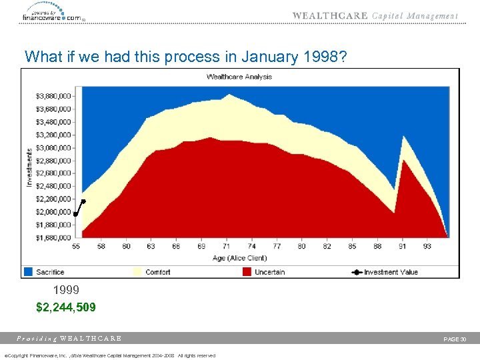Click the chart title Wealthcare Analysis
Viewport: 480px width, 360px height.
(x=239, y=77)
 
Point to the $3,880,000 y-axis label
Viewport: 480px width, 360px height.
(x=53, y=96)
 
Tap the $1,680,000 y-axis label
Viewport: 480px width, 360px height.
(x=53, y=237)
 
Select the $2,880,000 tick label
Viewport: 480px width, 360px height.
(x=53, y=161)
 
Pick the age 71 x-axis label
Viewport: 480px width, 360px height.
(x=226, y=247)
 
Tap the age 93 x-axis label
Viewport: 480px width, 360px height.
(x=427, y=247)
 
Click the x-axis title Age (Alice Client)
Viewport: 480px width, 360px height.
(x=239, y=257)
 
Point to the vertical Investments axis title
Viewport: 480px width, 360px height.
(x=29, y=167)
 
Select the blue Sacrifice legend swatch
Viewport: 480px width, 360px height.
(x=28, y=272)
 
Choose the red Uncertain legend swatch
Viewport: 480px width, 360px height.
(x=247, y=272)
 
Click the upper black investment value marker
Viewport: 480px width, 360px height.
(x=83, y=201)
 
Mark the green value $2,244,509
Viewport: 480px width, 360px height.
(x=65, y=307)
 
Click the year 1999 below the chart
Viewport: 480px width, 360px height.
(x=66, y=291)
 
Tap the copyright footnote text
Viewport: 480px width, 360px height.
(x=110, y=355)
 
